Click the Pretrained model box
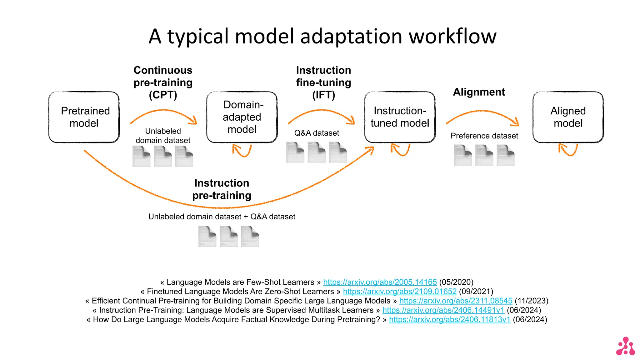pyautogui.click(x=84, y=117)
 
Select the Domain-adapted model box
pyautogui.click(x=242, y=117)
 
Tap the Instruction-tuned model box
pyautogui.click(x=400, y=117)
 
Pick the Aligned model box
pyautogui.click(x=568, y=117)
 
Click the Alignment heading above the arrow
pyautogui.click(x=479, y=92)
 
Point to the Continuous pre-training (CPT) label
pyautogui.click(x=163, y=82)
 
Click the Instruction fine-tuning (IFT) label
pyautogui.click(x=323, y=82)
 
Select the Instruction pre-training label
pyautogui.click(x=222, y=189)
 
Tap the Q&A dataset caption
pyautogui.click(x=316, y=133)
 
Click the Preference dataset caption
pyautogui.click(x=484, y=136)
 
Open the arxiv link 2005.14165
pyautogui.click(x=380, y=282)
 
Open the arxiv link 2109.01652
pyautogui.click(x=400, y=292)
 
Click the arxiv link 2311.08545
pyautogui.click(x=456, y=301)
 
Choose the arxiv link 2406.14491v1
pyautogui.click(x=443, y=310)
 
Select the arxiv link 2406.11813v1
pyautogui.click(x=449, y=320)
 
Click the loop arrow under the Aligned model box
pyautogui.click(x=568, y=150)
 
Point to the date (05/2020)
pyautogui.click(x=456, y=282)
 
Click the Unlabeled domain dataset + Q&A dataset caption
pyautogui.click(x=222, y=217)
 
